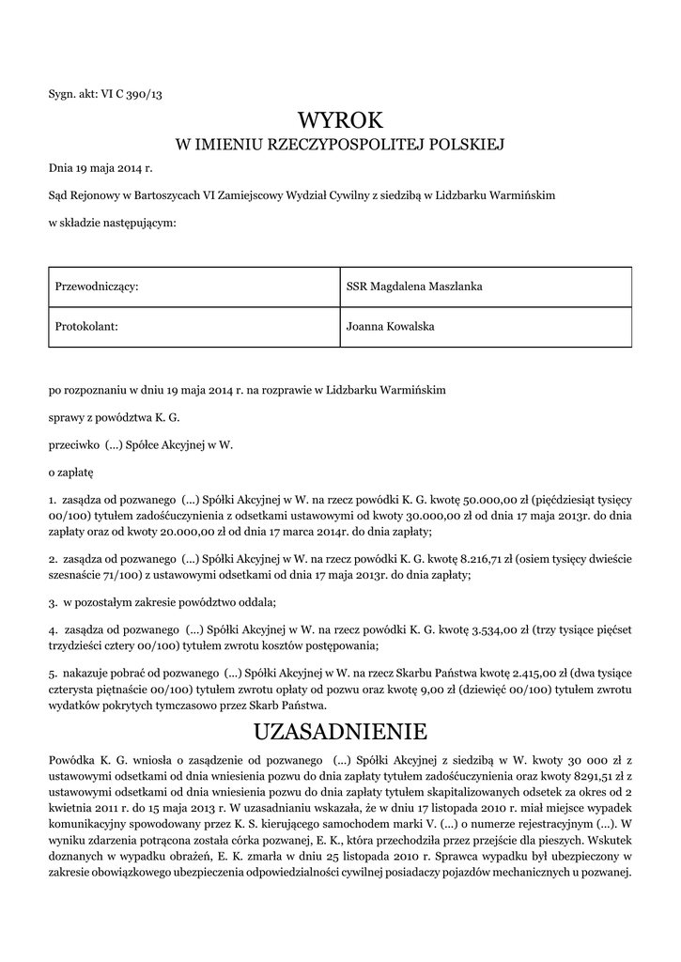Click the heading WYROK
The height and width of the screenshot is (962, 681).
coord(341,120)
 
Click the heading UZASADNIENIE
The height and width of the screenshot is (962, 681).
coord(341,731)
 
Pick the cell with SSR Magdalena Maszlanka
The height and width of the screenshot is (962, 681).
coord(485,287)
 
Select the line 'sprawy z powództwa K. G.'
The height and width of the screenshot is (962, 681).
coord(114,415)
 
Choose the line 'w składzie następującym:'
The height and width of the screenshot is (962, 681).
coord(113,223)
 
